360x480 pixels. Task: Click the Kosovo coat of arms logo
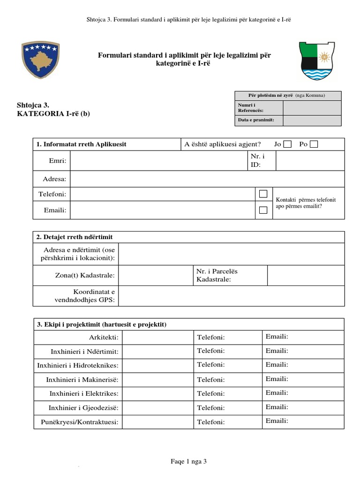(40, 60)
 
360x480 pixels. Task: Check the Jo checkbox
(287, 144)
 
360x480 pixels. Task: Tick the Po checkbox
(314, 144)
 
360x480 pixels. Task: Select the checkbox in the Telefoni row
(263, 194)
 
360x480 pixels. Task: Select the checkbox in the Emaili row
(263, 210)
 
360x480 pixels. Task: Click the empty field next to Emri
(157, 161)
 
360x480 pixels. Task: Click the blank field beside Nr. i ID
(310, 161)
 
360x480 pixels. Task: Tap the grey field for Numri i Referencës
(312, 108)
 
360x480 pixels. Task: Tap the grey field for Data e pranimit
(312, 120)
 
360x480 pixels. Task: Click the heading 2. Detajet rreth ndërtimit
(75, 237)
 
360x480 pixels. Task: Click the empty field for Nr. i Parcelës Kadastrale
(306, 275)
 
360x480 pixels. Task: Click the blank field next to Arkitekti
(157, 337)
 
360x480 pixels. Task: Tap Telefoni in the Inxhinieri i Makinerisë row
(211, 380)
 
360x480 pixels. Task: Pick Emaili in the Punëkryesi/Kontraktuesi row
(277, 421)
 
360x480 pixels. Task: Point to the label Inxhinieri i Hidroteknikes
(78, 365)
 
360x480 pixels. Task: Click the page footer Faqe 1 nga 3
(188, 462)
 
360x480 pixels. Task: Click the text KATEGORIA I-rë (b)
(53, 114)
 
